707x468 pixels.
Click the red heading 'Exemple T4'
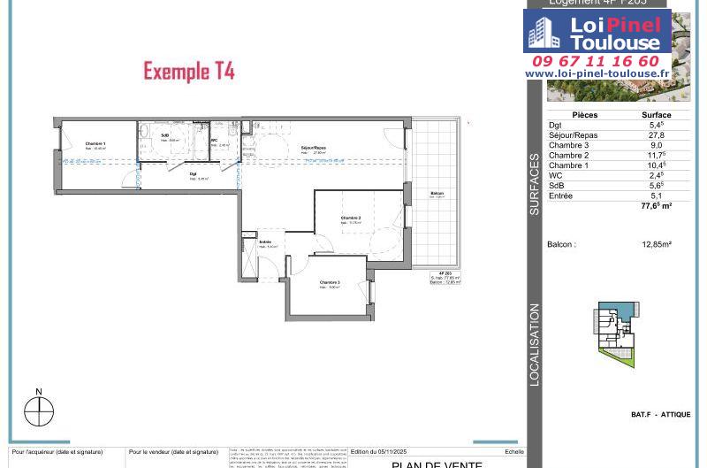pyautogui.click(x=189, y=72)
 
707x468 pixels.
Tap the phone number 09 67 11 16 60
pyautogui.click(x=596, y=61)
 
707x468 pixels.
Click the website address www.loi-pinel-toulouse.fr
pyautogui.click(x=597, y=73)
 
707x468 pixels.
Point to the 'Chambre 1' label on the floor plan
pyautogui.click(x=95, y=143)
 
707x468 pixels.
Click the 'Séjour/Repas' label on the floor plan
pyautogui.click(x=314, y=147)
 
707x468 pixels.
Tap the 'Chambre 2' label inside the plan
pyautogui.click(x=353, y=218)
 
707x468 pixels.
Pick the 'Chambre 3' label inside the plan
pyautogui.click(x=331, y=282)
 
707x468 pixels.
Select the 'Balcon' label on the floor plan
pyautogui.click(x=437, y=194)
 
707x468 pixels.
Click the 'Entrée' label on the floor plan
pyautogui.click(x=265, y=242)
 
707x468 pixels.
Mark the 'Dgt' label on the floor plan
pyautogui.click(x=193, y=174)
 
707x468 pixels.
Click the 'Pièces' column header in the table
pyautogui.click(x=585, y=115)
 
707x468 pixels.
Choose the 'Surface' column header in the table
pyautogui.click(x=656, y=115)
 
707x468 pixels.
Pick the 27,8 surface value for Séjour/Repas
pyautogui.click(x=656, y=135)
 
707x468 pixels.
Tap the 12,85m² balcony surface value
pyautogui.click(x=657, y=244)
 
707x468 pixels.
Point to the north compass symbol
pyautogui.click(x=39, y=410)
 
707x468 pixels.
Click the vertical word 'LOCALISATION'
pyautogui.click(x=535, y=344)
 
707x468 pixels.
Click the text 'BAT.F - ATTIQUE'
pyautogui.click(x=661, y=415)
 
